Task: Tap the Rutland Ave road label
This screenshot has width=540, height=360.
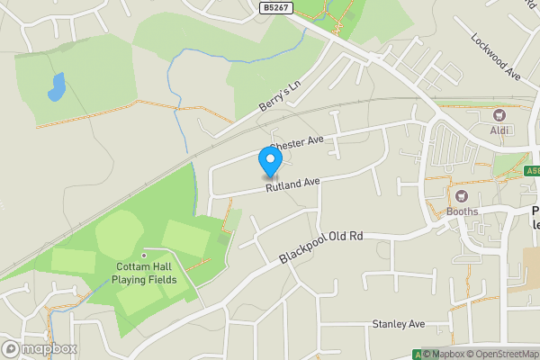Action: (292, 184)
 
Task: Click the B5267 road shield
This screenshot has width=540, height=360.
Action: (277, 7)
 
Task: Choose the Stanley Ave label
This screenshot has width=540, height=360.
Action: (398, 324)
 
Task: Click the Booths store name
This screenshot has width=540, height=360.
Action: (463, 213)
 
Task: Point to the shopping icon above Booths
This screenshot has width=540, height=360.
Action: (463, 197)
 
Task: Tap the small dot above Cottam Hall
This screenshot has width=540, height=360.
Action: (144, 255)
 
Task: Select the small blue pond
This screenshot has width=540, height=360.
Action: (57, 87)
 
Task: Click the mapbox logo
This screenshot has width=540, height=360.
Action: (40, 348)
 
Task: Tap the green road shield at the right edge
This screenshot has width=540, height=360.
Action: (531, 170)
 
